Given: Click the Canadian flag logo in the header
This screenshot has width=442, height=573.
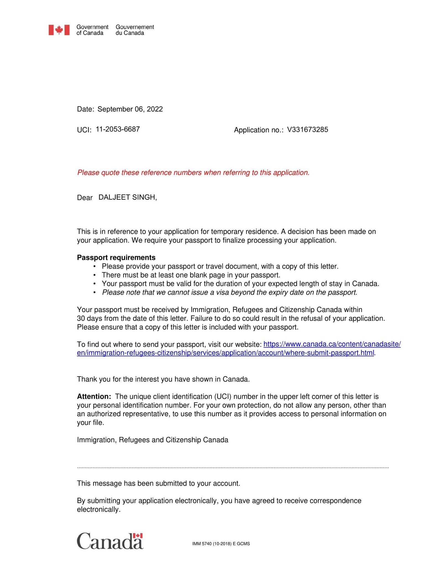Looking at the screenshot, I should tap(59, 30).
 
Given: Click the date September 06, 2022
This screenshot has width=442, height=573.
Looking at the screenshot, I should tap(130, 109).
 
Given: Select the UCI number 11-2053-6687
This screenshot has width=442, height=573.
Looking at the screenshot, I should tap(118, 129).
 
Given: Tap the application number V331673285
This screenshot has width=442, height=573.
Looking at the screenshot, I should tap(307, 129).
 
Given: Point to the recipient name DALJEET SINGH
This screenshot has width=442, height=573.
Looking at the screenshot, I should tap(127, 197).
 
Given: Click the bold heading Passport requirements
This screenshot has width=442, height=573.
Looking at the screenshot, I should tap(116, 258).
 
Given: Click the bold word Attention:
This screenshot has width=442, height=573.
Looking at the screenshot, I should tap(94, 396).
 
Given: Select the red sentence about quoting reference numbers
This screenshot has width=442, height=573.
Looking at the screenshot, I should tap(193, 173).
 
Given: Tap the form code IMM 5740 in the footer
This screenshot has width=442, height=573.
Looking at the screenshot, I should tap(221, 544).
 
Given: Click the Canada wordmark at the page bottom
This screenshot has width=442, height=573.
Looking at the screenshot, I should tap(110, 541).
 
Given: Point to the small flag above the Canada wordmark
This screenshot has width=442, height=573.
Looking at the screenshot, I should tap(138, 536).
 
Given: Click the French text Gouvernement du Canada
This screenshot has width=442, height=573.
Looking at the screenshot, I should tap(135, 30).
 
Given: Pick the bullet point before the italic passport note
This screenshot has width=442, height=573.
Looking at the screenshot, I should tap(94, 292).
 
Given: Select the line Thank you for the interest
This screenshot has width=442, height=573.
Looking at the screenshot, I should tap(163, 379).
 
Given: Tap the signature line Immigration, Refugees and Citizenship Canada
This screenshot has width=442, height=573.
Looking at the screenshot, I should tap(152, 440).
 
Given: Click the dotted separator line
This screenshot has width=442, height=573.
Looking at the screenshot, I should tap(233, 468).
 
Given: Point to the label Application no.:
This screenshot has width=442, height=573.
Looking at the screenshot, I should tap(259, 130).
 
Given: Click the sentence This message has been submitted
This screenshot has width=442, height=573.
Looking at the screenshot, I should tap(158, 483).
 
